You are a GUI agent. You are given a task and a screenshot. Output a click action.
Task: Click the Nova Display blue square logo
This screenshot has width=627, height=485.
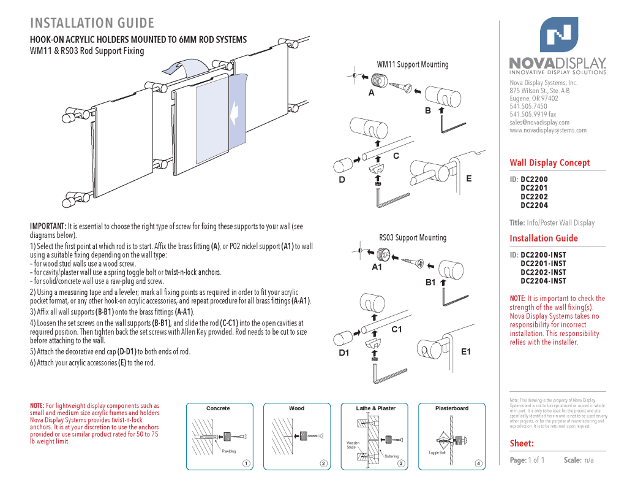(558, 35)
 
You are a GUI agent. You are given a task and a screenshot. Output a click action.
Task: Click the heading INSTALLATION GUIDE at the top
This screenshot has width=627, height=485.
(92, 23)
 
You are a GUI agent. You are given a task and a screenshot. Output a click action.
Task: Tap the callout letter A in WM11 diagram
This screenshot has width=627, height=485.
(371, 94)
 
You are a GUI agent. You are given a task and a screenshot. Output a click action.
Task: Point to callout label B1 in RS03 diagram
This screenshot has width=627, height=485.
(430, 282)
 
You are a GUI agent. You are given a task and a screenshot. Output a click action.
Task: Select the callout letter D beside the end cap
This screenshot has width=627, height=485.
(342, 180)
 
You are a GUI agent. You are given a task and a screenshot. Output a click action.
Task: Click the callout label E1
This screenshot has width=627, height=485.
(466, 351)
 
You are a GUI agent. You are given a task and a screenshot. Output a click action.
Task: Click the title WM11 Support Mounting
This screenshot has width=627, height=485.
(412, 64)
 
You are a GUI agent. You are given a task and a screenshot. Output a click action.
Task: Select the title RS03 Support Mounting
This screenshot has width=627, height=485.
(412, 237)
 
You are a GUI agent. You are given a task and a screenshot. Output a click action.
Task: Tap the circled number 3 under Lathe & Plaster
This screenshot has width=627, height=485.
(401, 463)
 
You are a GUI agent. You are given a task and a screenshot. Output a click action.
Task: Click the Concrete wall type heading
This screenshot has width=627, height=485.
(218, 408)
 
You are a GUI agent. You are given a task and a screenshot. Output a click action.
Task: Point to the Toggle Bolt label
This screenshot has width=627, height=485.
(437, 453)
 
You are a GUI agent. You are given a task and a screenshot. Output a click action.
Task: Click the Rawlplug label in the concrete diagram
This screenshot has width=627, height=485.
(229, 452)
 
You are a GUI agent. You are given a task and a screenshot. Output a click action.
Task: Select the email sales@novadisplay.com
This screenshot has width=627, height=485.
(539, 122)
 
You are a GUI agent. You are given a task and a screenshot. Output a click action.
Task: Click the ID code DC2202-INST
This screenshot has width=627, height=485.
(544, 272)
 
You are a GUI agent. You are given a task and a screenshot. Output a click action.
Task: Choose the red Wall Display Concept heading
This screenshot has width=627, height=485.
(550, 162)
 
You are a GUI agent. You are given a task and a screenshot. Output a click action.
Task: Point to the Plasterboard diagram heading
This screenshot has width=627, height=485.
(452, 408)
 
